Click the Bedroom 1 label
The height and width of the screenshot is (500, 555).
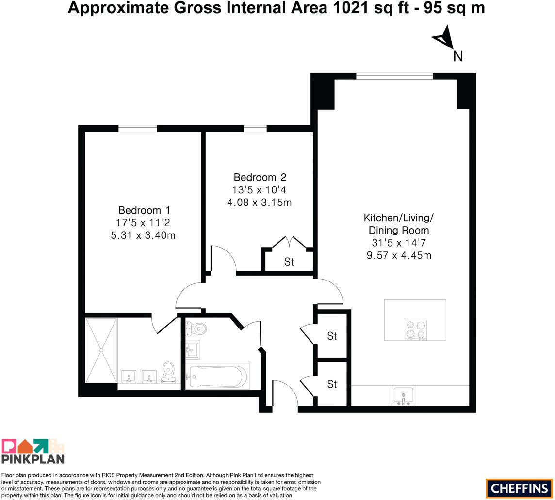144,210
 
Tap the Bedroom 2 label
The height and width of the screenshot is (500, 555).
260,177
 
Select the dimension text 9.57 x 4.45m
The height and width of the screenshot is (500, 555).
399,255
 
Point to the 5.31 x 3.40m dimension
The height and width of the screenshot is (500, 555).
143,235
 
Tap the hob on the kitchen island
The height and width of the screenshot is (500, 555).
416,330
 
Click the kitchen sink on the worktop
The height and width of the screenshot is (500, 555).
404,395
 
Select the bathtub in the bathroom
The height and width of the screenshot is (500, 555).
218,376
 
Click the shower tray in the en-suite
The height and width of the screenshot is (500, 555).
101,350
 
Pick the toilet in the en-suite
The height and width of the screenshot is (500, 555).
168,372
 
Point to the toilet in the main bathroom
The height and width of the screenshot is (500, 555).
196,329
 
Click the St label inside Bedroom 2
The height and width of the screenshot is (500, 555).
289,262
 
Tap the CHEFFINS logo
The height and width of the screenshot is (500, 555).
519,488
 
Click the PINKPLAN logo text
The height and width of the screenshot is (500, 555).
33,459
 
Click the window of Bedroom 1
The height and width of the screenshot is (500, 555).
137,129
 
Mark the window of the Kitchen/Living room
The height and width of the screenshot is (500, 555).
394,77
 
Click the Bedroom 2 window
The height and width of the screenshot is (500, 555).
255,129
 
